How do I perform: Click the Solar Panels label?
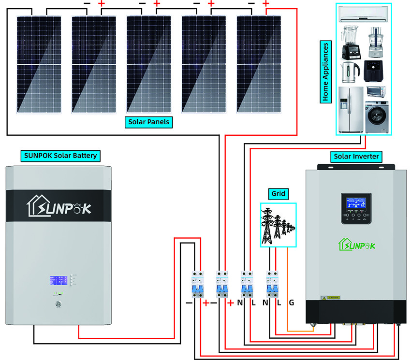point(149,122)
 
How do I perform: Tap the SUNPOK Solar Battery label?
point(60,156)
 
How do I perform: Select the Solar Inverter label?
point(356,157)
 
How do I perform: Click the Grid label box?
point(278,194)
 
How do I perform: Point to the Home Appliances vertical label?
point(325,72)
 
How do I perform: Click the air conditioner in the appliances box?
point(363,15)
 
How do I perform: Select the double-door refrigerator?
point(351,110)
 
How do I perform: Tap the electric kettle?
point(350,72)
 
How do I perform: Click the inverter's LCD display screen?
point(356,202)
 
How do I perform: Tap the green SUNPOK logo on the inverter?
point(357,245)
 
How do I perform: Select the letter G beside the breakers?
point(291,303)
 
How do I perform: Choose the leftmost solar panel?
point(39,65)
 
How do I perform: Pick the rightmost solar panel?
point(259,65)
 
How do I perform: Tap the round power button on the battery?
point(59,304)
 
